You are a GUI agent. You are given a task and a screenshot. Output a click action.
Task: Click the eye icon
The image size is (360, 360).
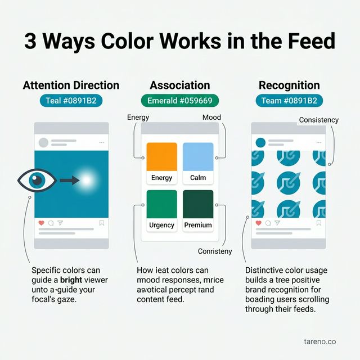pyautogui.click(x=37, y=180)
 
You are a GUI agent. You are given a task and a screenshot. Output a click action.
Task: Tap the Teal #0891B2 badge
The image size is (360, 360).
pyautogui.click(x=71, y=101)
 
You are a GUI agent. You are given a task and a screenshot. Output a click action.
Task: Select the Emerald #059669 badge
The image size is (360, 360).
pyautogui.click(x=179, y=101)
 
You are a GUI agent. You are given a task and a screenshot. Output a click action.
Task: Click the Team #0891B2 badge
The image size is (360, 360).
pyautogui.click(x=289, y=101)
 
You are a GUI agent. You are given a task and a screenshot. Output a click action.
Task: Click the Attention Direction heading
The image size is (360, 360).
pyautogui.click(x=71, y=85)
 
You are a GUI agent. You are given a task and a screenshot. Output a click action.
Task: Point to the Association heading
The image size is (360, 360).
pyautogui.click(x=179, y=85)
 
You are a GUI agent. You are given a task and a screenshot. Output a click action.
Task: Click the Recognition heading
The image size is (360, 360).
pyautogui.click(x=289, y=85)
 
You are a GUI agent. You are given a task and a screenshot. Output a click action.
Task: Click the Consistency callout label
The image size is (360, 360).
pyautogui.click(x=318, y=120)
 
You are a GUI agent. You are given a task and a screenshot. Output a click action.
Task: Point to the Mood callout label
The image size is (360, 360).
pyautogui.click(x=211, y=118)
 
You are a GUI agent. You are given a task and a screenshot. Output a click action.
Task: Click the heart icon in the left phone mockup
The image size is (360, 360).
pyautogui.click(x=40, y=223)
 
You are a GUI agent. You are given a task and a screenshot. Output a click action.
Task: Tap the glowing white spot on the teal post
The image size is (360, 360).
pyautogui.click(x=87, y=180)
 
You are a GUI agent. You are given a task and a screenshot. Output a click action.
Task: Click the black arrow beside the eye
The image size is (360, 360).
pyautogui.click(x=69, y=180)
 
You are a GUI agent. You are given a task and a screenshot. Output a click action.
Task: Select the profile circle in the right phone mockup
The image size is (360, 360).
pyautogui.click(x=260, y=142)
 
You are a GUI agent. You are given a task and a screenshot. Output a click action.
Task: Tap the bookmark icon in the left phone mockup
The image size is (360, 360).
pyautogui.click(x=102, y=223)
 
